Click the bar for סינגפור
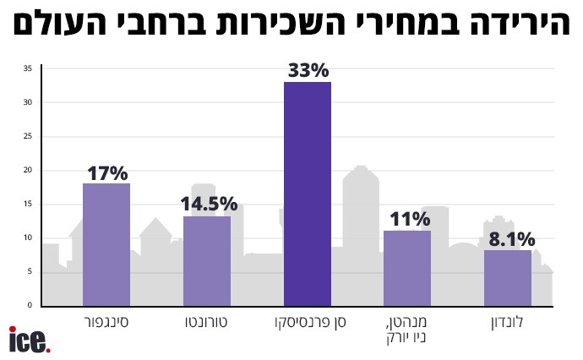point(106,244)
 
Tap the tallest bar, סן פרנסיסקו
point(308,194)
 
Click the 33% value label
point(308,71)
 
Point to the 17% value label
point(106,173)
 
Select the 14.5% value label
point(208,205)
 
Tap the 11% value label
point(407,220)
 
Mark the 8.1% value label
point(508,239)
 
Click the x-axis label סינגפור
point(106,323)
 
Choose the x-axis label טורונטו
point(207,323)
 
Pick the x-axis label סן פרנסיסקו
point(308,323)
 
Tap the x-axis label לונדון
point(508,323)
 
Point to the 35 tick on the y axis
point(28,68)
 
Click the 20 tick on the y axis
point(28,170)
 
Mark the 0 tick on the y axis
point(30,305)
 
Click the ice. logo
point(30,341)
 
